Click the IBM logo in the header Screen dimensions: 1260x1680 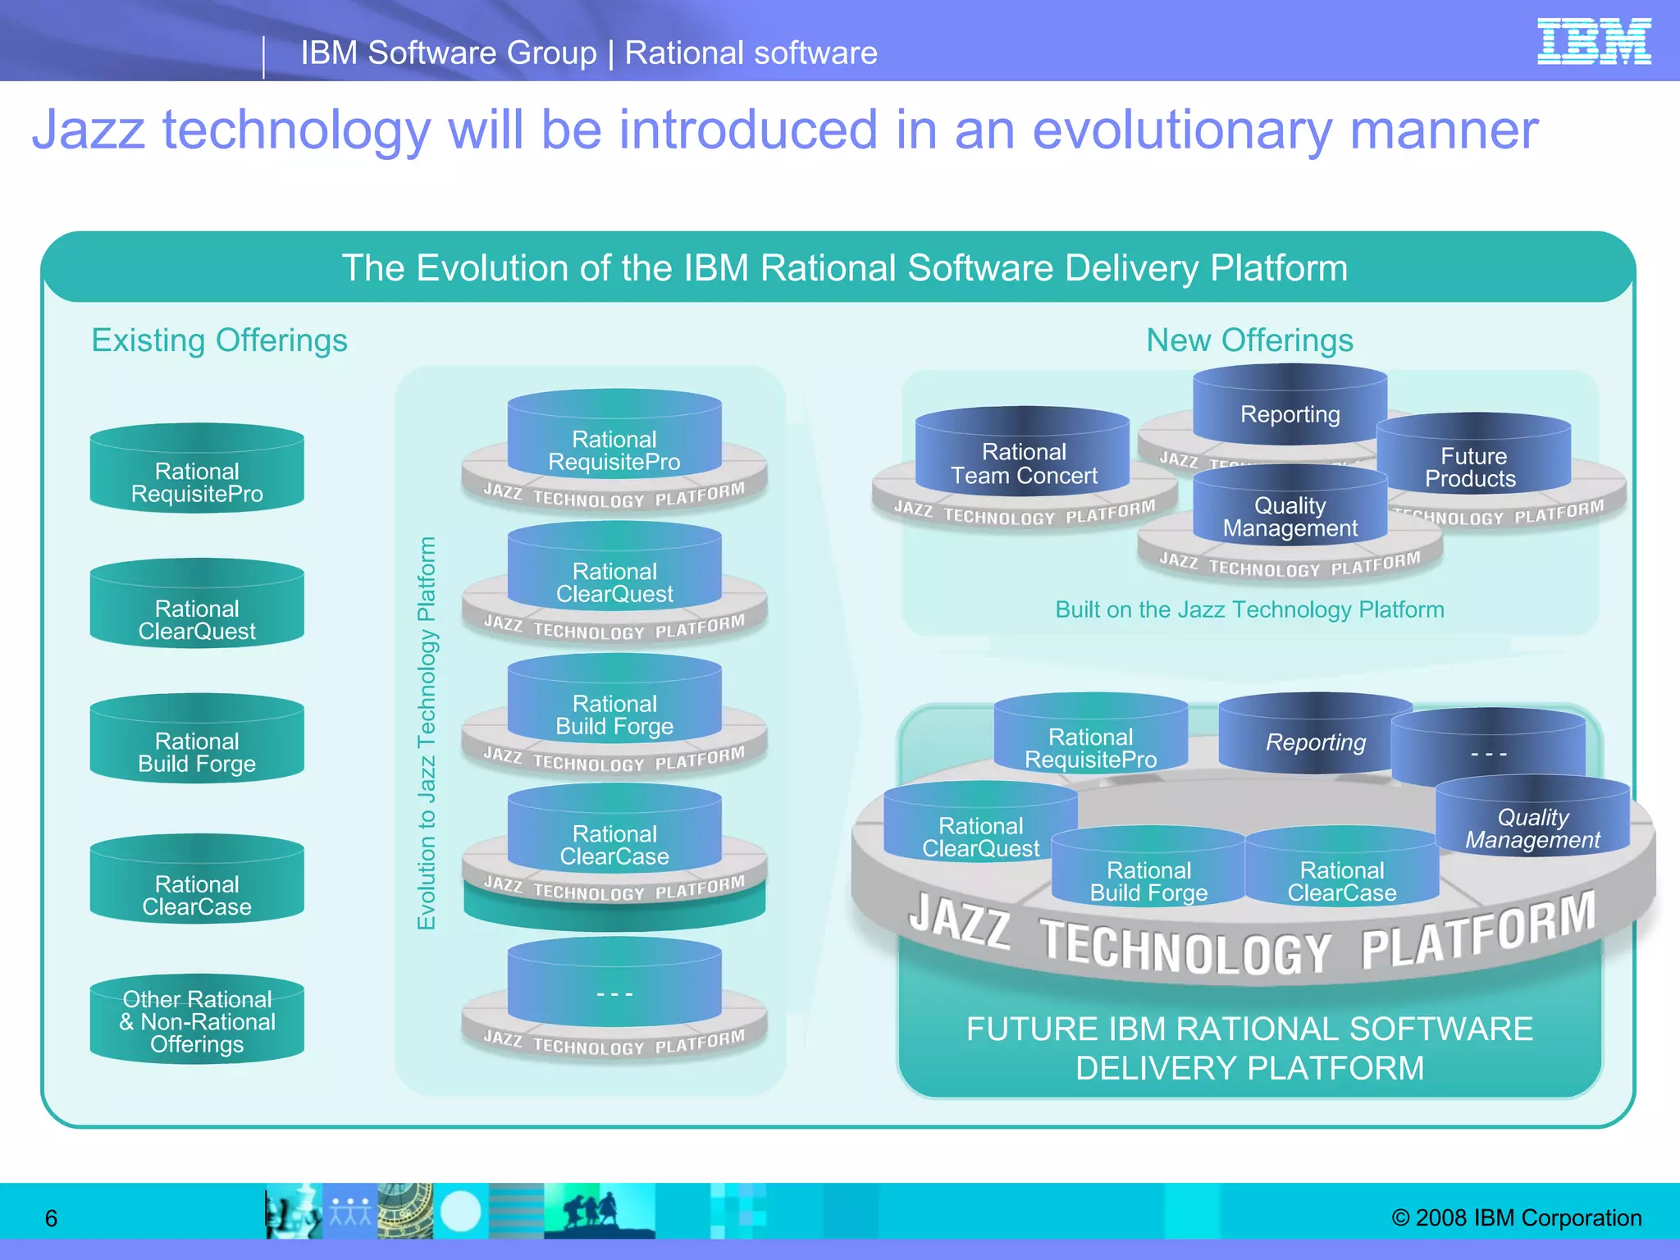pyautogui.click(x=1593, y=42)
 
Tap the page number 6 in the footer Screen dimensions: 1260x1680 pyautogui.click(x=51, y=1218)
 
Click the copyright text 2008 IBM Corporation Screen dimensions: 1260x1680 pyautogui.click(x=1517, y=1217)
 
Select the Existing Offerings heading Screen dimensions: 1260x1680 pyautogui.click(x=219, y=340)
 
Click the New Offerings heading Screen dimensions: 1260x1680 pyautogui.click(x=1249, y=340)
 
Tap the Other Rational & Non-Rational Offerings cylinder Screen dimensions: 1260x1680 pyautogui.click(x=197, y=1021)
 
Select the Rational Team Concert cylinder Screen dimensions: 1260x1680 pyautogui.click(x=1023, y=459)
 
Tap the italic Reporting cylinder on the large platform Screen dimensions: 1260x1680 pyautogui.click(x=1315, y=738)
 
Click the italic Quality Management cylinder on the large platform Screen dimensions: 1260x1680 pyautogui.click(x=1532, y=824)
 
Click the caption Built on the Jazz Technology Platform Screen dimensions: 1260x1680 pyautogui.click(x=1249, y=609)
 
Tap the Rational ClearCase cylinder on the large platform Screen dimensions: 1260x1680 pyautogui.click(x=1341, y=876)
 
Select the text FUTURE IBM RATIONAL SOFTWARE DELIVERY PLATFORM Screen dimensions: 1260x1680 pyautogui.click(x=1249, y=1048)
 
